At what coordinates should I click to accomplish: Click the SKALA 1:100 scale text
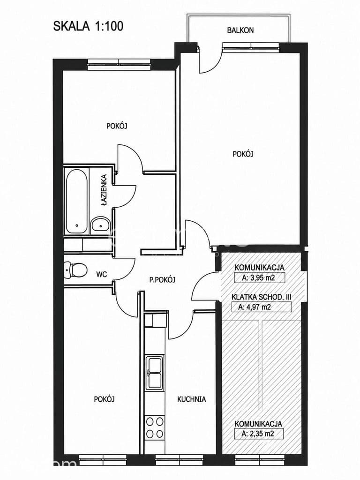pyautogui.click(x=88, y=26)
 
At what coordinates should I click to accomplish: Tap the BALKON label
pyautogui.click(x=240, y=30)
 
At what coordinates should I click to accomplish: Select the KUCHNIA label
pyautogui.click(x=192, y=399)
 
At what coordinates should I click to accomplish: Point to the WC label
pyautogui.click(x=101, y=274)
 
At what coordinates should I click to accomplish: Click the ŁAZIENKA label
pyautogui.click(x=105, y=190)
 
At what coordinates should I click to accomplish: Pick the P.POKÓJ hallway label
pyautogui.click(x=162, y=279)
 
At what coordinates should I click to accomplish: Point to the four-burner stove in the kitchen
pyautogui.click(x=154, y=427)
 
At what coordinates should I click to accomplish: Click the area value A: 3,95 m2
pyautogui.click(x=259, y=278)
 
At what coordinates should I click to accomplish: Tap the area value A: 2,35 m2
pyautogui.click(x=258, y=434)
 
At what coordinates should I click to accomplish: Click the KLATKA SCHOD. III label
pyautogui.click(x=262, y=297)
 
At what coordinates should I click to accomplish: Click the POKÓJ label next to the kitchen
pyautogui.click(x=105, y=399)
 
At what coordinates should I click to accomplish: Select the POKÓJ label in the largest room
pyautogui.click(x=243, y=154)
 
